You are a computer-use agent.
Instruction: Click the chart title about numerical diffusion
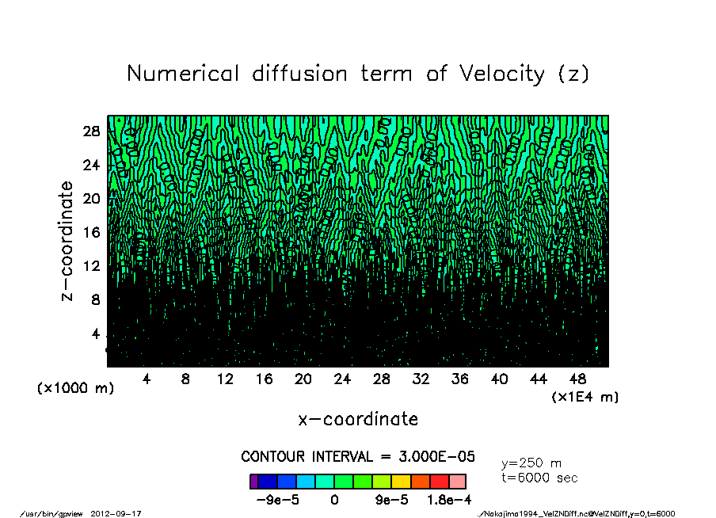click(358, 74)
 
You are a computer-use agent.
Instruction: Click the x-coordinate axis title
click(358, 419)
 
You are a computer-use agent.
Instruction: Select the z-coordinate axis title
click(67, 241)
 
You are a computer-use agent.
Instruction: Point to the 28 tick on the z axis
click(92, 131)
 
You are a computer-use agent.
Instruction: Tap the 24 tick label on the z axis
click(92, 166)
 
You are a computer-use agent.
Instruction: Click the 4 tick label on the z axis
click(97, 333)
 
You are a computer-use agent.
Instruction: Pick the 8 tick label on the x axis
click(185, 379)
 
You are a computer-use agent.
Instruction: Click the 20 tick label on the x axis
click(303, 379)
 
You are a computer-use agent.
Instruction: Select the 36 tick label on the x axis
click(460, 379)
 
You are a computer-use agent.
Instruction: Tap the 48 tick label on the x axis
click(578, 379)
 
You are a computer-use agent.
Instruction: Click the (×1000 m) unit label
click(75, 389)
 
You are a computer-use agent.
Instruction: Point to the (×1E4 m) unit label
click(585, 397)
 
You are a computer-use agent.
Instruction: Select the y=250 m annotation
click(532, 463)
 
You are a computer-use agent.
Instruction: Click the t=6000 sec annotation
click(540, 478)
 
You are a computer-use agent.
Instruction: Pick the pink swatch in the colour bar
click(458, 482)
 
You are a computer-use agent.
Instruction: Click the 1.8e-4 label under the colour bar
click(449, 500)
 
